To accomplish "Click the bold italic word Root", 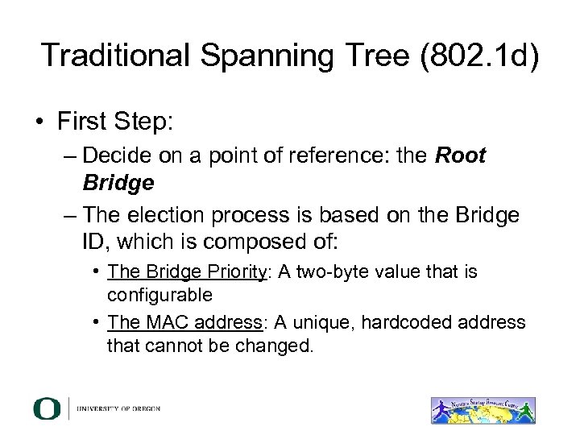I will coord(461,155).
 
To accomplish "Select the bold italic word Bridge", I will coord(118,183).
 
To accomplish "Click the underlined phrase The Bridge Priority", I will coord(186,272).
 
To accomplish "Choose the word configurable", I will coord(159,294).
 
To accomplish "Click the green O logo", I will coord(47,408).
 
